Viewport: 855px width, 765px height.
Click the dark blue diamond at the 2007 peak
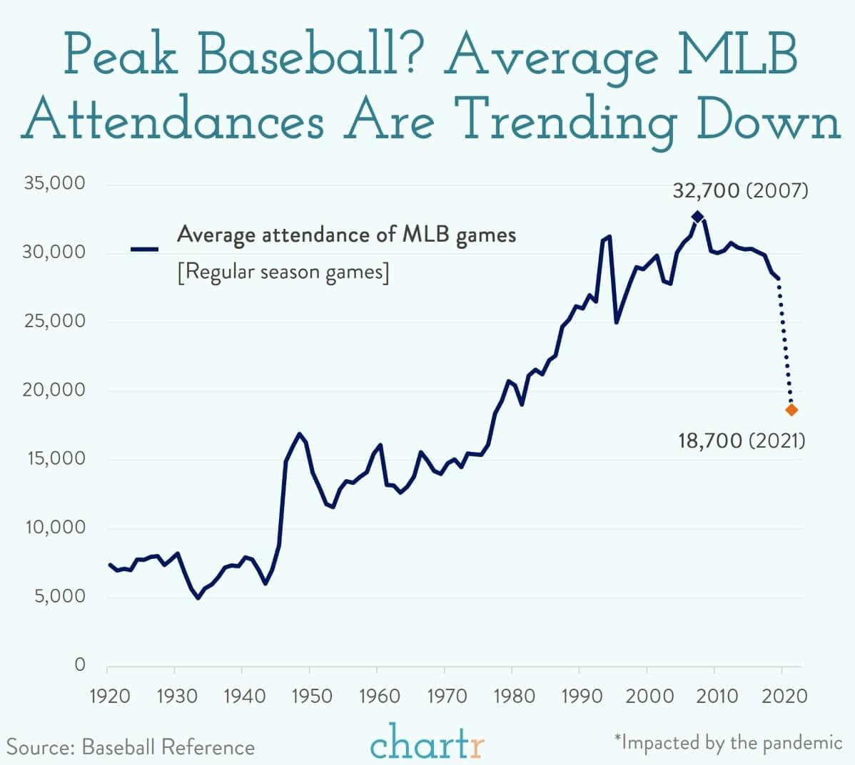[697, 217]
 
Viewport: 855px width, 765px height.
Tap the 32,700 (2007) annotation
[740, 191]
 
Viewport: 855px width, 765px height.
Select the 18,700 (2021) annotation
[742, 441]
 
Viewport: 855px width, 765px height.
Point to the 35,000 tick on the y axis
[55, 183]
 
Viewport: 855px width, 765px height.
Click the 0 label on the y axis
[80, 664]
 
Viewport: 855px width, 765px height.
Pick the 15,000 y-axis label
[55, 458]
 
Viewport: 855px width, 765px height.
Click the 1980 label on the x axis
[512, 695]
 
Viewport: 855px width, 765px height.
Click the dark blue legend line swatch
[144, 249]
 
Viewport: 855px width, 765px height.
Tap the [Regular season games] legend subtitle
[283, 272]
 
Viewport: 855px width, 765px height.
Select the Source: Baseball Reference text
[131, 747]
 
